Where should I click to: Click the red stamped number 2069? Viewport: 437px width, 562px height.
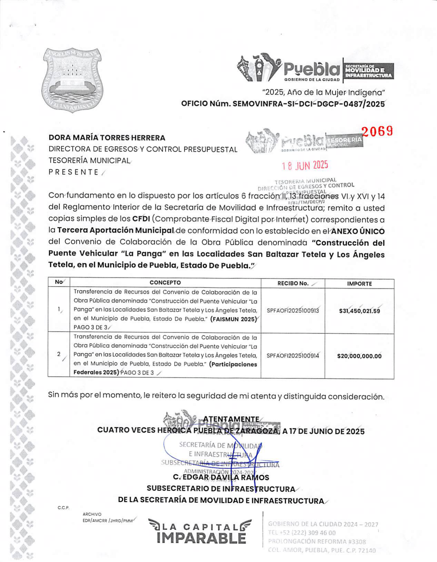click(377, 131)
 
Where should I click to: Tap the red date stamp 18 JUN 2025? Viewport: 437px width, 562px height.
click(305, 166)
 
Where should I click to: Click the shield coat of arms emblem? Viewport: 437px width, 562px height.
click(73, 80)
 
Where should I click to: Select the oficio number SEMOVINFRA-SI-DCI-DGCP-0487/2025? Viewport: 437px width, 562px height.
click(283, 104)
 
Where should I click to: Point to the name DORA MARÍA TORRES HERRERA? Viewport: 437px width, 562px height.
click(107, 138)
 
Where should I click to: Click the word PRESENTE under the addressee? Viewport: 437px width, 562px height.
click(73, 172)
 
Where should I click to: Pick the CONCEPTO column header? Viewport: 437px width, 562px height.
click(165, 283)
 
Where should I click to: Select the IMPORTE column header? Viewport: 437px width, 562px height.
click(359, 284)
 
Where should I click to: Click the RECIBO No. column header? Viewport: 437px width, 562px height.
click(293, 283)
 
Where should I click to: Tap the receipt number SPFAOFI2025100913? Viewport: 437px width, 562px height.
click(293, 310)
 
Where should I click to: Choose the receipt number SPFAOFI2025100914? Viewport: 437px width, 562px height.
click(293, 356)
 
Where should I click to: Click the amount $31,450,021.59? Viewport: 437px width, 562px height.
click(359, 311)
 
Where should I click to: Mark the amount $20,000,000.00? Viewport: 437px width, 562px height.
click(359, 356)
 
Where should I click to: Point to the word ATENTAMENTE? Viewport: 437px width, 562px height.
click(231, 419)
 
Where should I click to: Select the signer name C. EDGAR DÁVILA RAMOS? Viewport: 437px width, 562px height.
click(221, 477)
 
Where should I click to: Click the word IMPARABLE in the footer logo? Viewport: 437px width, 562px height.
click(201, 538)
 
